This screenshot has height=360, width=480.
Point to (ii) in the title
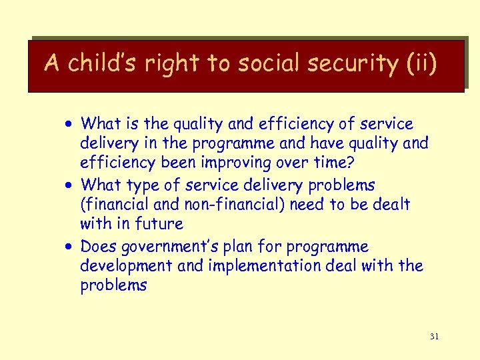point(421,63)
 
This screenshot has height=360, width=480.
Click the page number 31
point(434,337)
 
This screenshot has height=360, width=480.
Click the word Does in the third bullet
point(97,247)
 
